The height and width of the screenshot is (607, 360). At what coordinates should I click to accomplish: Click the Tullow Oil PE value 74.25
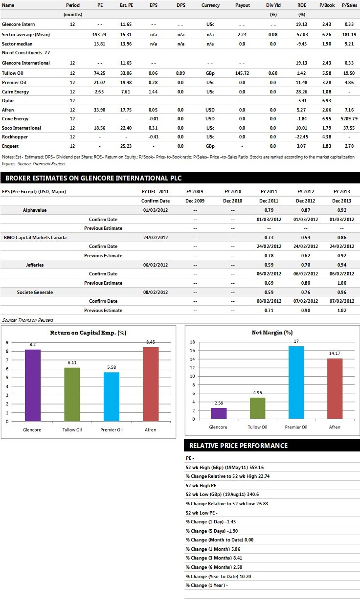tap(99, 73)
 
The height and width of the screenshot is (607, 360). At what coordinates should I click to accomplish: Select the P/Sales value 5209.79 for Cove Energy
tap(349, 119)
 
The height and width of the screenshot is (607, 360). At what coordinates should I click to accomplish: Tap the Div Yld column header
tap(273, 5)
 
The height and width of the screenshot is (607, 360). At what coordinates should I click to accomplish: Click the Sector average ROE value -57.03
tap(301, 34)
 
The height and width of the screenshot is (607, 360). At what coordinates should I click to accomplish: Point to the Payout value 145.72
tap(242, 73)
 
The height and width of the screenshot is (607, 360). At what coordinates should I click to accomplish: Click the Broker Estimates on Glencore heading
tap(93, 178)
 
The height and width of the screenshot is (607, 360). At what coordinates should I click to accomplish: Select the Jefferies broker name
tap(35, 265)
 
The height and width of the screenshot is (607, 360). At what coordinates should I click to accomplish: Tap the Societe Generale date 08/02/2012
tap(156, 292)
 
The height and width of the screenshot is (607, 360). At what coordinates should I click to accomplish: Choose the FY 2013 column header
tap(342, 192)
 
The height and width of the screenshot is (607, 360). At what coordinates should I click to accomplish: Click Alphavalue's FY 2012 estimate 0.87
tap(306, 210)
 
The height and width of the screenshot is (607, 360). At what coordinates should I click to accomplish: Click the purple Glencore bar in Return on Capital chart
tap(33, 385)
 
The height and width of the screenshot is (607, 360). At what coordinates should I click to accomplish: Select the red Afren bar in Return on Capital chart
tap(151, 384)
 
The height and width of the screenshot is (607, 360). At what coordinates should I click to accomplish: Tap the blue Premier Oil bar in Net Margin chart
tap(296, 382)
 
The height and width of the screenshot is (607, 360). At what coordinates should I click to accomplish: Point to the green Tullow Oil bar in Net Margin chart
tap(258, 408)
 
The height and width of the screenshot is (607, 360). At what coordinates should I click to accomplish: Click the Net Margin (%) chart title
tap(272, 333)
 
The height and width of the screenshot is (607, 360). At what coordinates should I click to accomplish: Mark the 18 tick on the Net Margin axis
tap(192, 342)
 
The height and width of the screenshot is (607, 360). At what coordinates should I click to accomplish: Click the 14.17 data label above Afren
tap(335, 353)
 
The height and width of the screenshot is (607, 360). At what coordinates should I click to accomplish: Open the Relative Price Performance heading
tap(238, 446)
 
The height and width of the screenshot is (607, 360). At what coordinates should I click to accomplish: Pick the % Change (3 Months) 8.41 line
tap(214, 558)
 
